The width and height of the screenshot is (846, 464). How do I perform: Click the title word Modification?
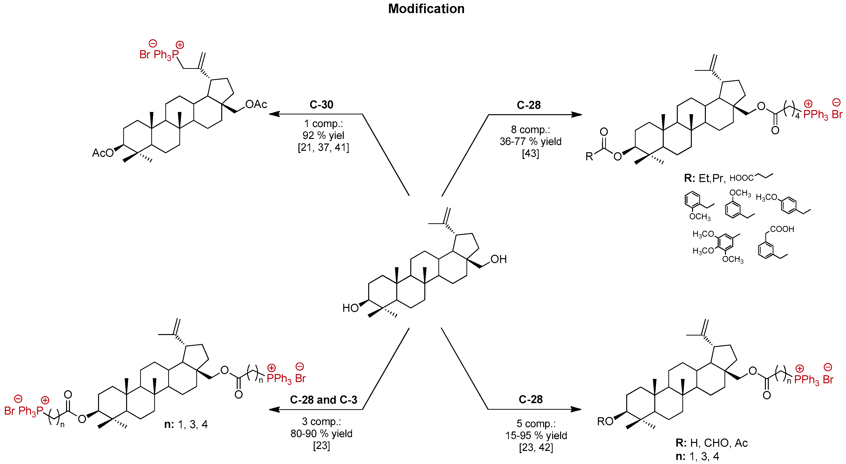pos(426,9)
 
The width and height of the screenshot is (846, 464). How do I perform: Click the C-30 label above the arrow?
pos(321,104)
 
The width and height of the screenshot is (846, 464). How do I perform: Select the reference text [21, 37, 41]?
pos(323,147)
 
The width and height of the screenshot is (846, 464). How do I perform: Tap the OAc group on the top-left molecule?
pos(256,104)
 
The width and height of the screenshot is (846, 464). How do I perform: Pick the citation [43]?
pos(530,153)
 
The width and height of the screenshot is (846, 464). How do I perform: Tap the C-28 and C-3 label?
pos(323,400)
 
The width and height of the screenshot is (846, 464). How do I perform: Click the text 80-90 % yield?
pos(321,433)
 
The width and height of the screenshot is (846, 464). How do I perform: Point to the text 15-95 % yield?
pos(536,435)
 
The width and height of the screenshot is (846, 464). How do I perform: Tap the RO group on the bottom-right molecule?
pos(605,421)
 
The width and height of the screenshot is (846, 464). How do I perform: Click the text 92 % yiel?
pos(323,135)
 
